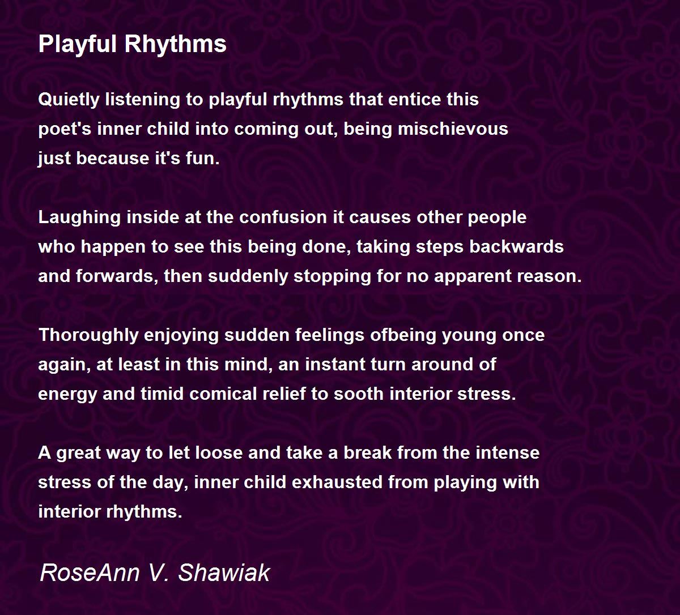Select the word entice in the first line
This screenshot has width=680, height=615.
coord(405,100)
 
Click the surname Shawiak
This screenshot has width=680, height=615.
coord(224,573)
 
